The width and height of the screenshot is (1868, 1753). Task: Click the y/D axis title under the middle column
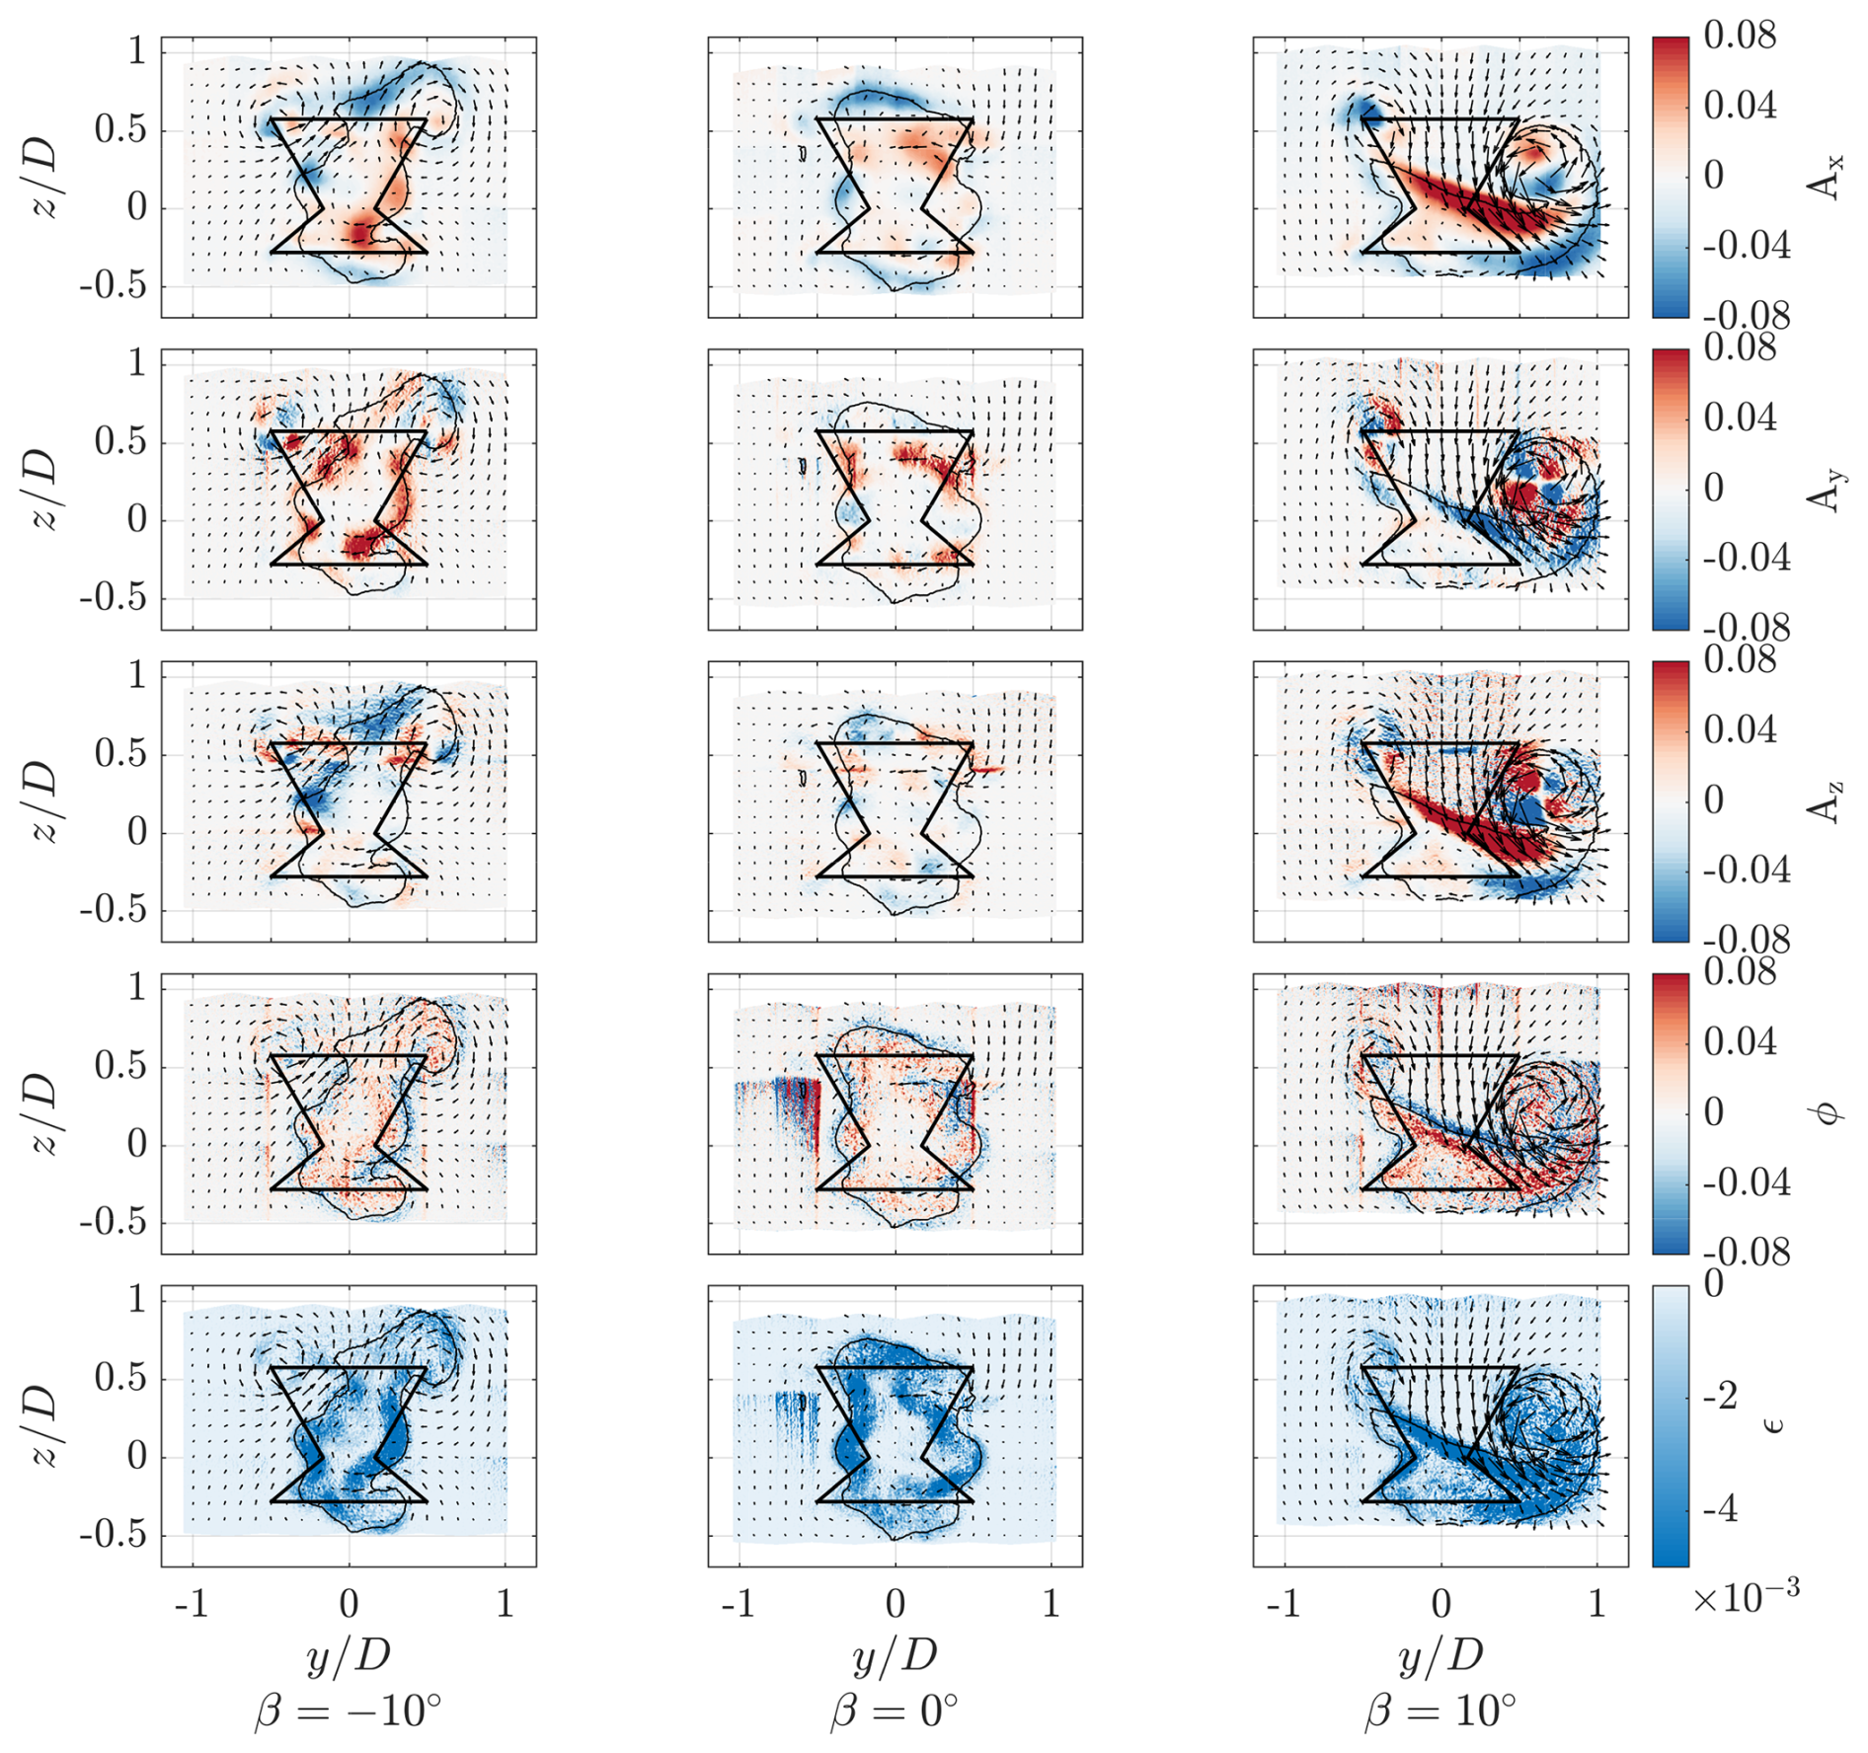coord(895,1656)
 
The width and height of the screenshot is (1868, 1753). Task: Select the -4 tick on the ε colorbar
coord(1720,1509)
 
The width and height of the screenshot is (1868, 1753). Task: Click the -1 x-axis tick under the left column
coord(192,1604)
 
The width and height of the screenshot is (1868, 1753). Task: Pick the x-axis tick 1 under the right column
coord(1596,1604)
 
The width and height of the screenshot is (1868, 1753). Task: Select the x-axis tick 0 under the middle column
coord(895,1604)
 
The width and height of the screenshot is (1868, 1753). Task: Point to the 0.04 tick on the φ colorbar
coord(1740,1042)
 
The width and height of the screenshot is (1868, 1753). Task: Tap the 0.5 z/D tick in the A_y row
coord(120,442)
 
